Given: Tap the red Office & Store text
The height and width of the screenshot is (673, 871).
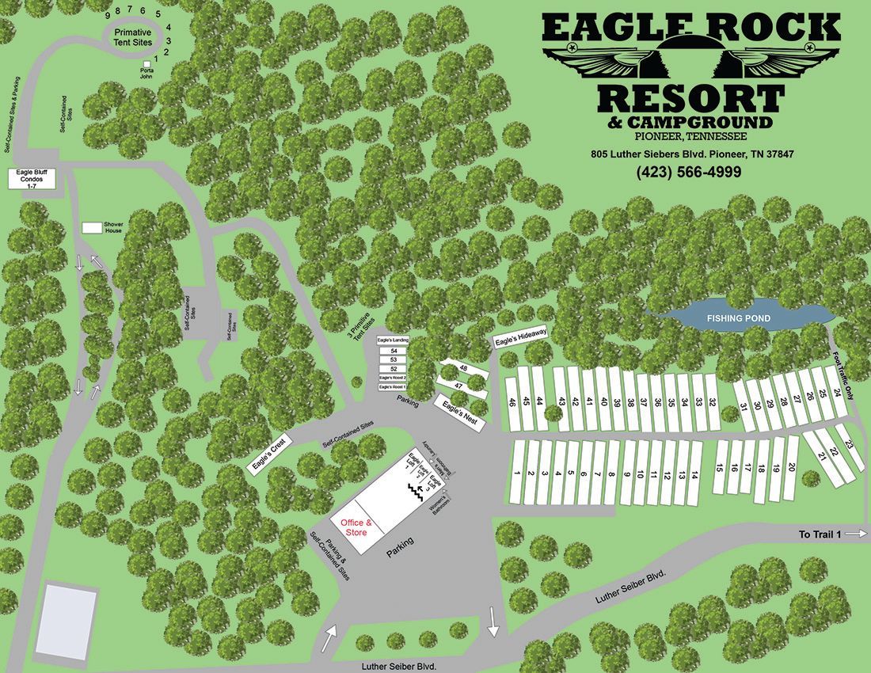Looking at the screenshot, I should coord(356,527).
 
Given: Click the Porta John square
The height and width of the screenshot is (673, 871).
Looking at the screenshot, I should coord(146,63).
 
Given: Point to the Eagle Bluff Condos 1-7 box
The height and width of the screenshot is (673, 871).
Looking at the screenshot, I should coord(32,179).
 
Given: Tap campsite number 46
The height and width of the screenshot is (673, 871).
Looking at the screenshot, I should coord(513,402).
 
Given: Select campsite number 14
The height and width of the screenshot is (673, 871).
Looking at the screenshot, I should coord(694,475).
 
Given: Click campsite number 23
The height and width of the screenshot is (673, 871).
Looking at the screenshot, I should coord(850,445).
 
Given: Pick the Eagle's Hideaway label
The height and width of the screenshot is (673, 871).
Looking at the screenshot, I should coord(520,336).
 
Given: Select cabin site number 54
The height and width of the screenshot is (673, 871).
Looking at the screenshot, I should coord(394,350).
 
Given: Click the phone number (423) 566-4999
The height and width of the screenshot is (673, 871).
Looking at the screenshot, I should coord(688,172).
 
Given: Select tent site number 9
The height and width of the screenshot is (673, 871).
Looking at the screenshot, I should coord(107,15).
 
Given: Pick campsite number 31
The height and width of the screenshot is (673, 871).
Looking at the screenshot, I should coord(744,407).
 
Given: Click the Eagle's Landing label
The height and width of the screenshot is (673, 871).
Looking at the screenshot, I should coord(393,340).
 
